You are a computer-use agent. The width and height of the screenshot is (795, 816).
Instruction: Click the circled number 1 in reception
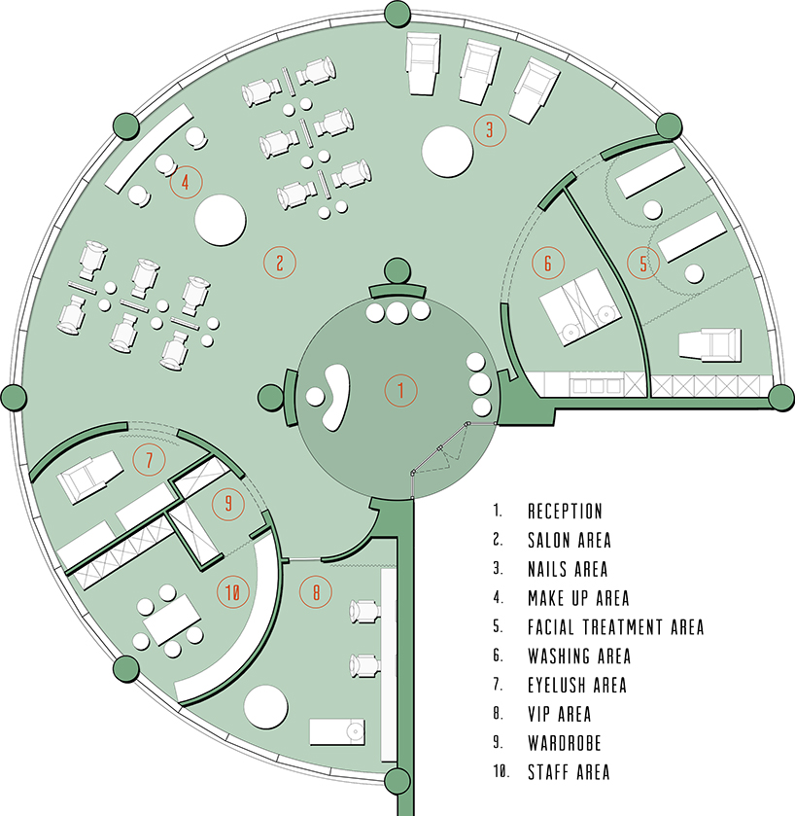coord(399,391)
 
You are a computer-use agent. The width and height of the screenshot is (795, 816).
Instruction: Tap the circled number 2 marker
coord(279,261)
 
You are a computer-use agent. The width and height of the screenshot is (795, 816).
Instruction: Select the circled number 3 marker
coord(490,129)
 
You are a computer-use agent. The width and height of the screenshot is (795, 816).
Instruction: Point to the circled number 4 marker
coord(185,182)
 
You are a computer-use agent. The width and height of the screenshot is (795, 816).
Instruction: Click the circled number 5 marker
coord(641,262)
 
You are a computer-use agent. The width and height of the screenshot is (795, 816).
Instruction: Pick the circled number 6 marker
coord(548,263)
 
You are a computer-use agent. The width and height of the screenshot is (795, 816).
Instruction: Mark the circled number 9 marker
coord(228,503)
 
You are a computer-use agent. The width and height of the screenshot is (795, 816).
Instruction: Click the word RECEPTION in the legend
coord(565,511)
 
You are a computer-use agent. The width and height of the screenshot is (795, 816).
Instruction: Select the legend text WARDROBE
coord(564,743)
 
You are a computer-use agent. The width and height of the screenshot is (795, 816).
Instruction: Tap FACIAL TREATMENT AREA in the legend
coord(615,627)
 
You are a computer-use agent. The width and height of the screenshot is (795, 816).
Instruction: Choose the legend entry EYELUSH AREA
coord(576,685)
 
